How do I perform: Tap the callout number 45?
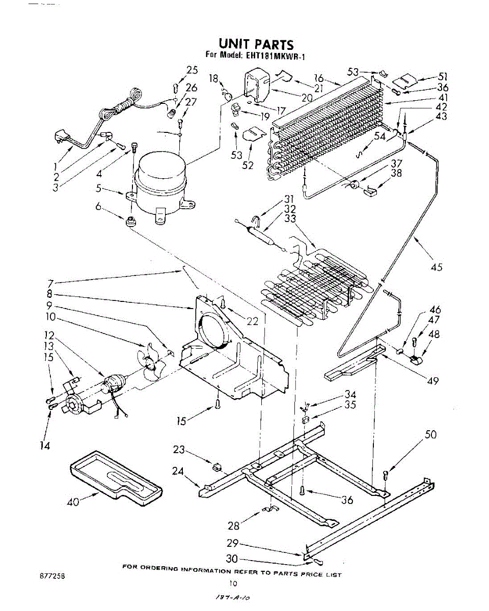[x=437, y=266]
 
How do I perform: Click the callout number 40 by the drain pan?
[x=74, y=502]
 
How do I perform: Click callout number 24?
[x=177, y=471]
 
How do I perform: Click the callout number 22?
[x=252, y=321]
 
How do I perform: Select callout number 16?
[x=319, y=78]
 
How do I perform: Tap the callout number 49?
[x=432, y=380]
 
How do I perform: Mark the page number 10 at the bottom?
[x=233, y=584]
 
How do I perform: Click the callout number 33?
[x=290, y=219]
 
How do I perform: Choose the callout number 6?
[x=98, y=207]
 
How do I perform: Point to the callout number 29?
[x=232, y=543]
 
